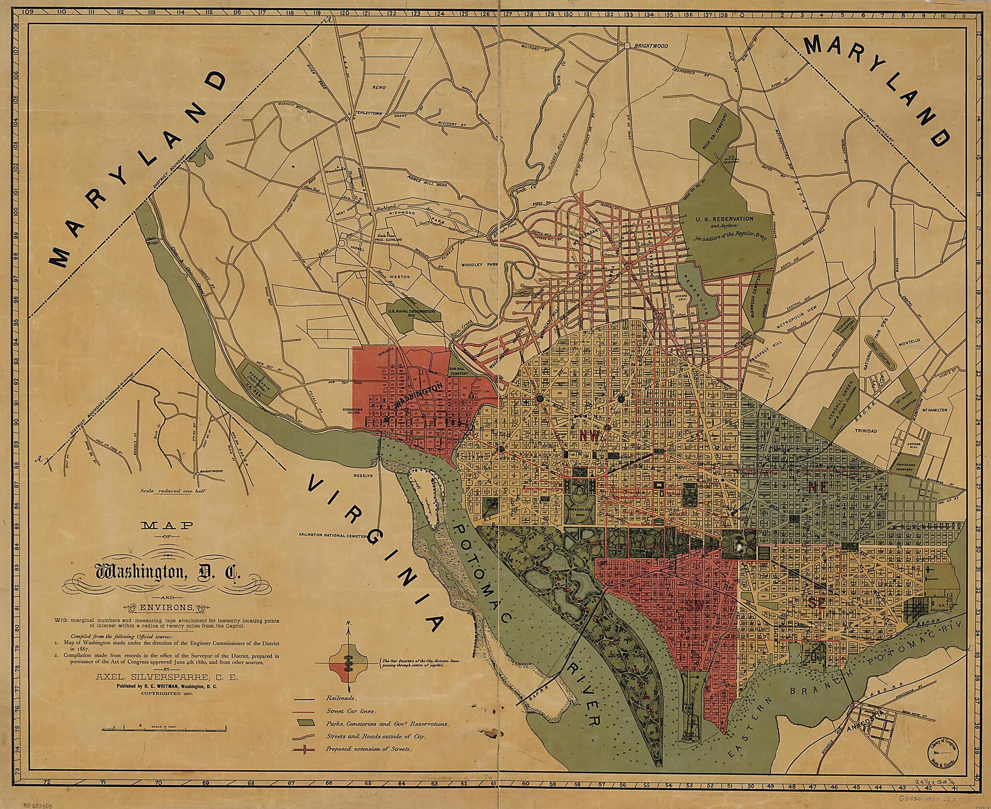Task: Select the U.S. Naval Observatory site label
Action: point(414,312)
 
